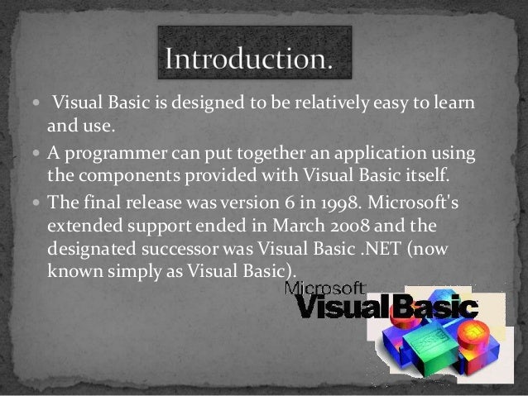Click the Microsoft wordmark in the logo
point(326,289)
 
